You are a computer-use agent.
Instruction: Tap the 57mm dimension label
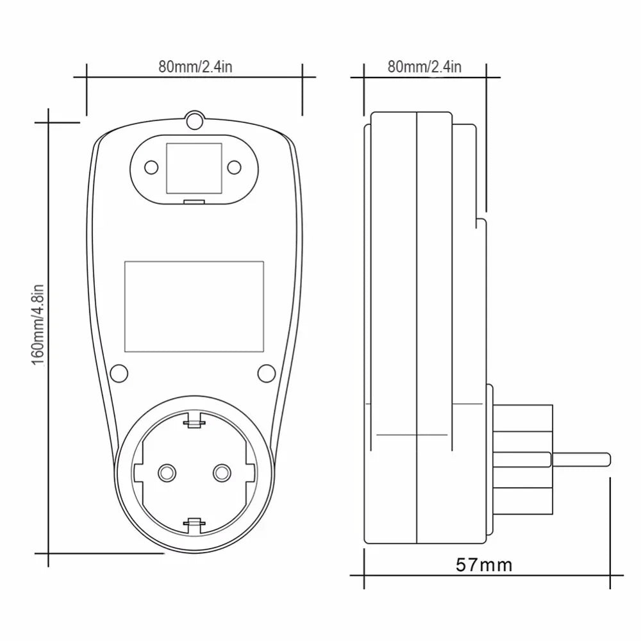tap(484, 565)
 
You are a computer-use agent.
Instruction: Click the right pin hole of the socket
tap(222, 472)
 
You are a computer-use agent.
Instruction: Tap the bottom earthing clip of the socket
tap(194, 525)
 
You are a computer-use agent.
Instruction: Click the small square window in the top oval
tap(194, 168)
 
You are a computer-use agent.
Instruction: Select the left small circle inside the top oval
tap(151, 168)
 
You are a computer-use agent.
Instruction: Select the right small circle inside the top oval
tap(234, 168)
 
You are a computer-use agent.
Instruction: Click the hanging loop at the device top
tap(194, 120)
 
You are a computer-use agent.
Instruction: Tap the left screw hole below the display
tap(118, 372)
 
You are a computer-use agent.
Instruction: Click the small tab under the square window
tap(194, 203)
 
